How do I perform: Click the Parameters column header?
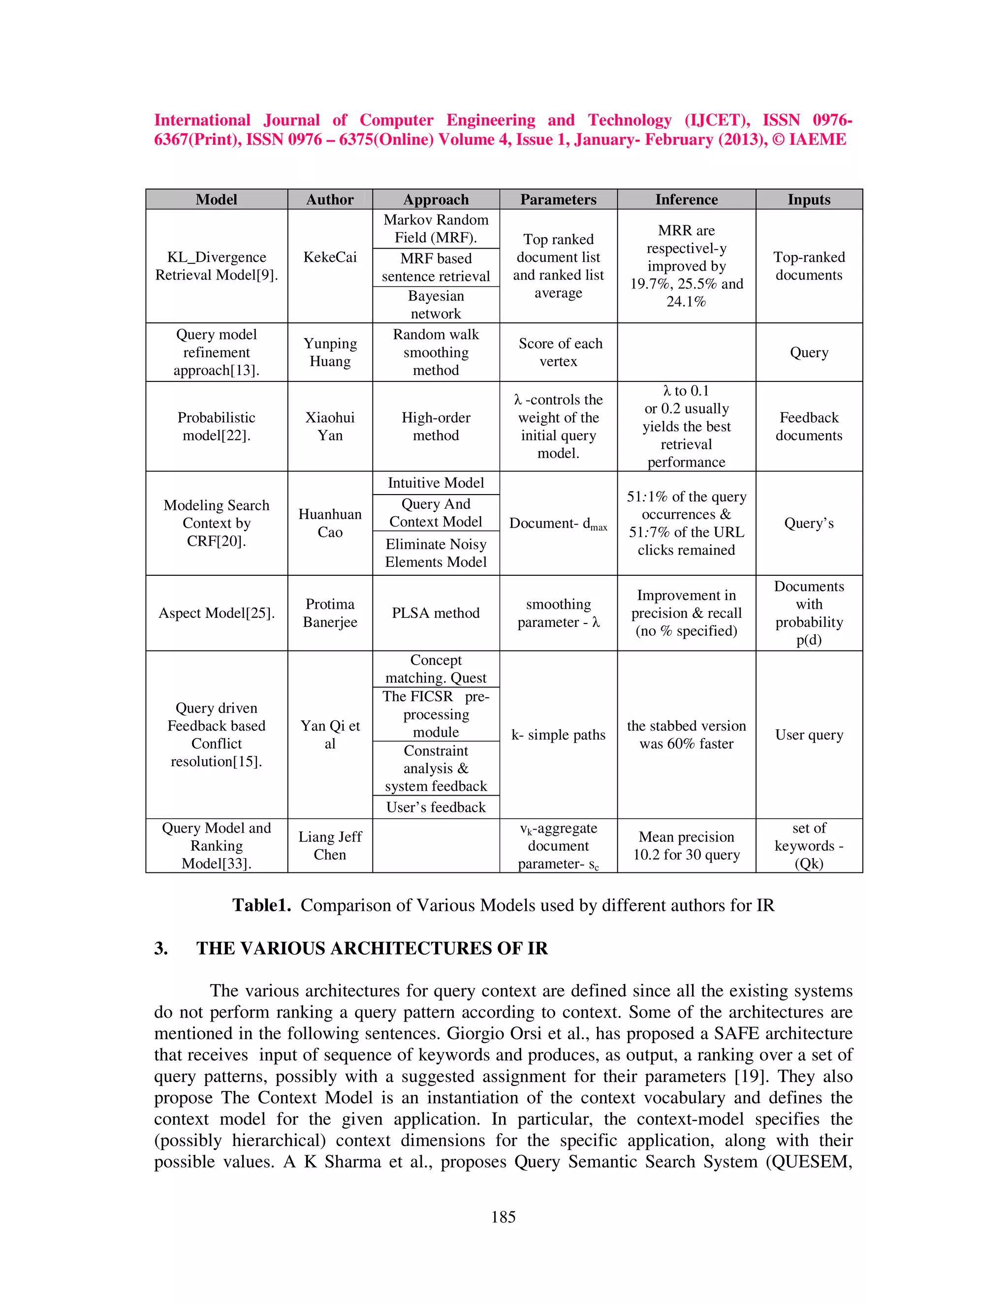coord(558,199)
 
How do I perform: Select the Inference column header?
coord(686,199)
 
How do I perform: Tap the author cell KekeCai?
coord(330,257)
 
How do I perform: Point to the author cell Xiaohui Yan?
coord(330,426)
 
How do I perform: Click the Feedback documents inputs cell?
coord(809,426)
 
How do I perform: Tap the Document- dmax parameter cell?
coord(558,524)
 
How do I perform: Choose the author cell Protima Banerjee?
coord(330,613)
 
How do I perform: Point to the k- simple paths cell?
coord(558,735)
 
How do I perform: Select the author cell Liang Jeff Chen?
coord(330,845)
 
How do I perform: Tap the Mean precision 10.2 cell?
coord(686,845)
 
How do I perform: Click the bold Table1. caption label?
coord(261,905)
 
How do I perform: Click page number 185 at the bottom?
coord(503,1217)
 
